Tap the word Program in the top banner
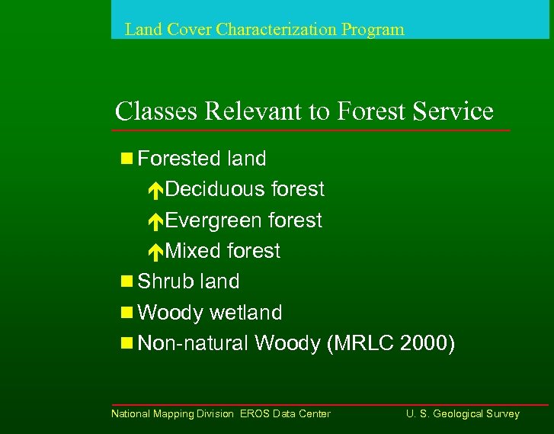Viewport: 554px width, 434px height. coord(373,30)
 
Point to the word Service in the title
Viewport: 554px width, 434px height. coord(453,111)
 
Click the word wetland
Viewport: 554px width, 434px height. coord(245,313)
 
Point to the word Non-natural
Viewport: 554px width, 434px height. coord(194,344)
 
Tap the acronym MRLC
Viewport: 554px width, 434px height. coord(363,344)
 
